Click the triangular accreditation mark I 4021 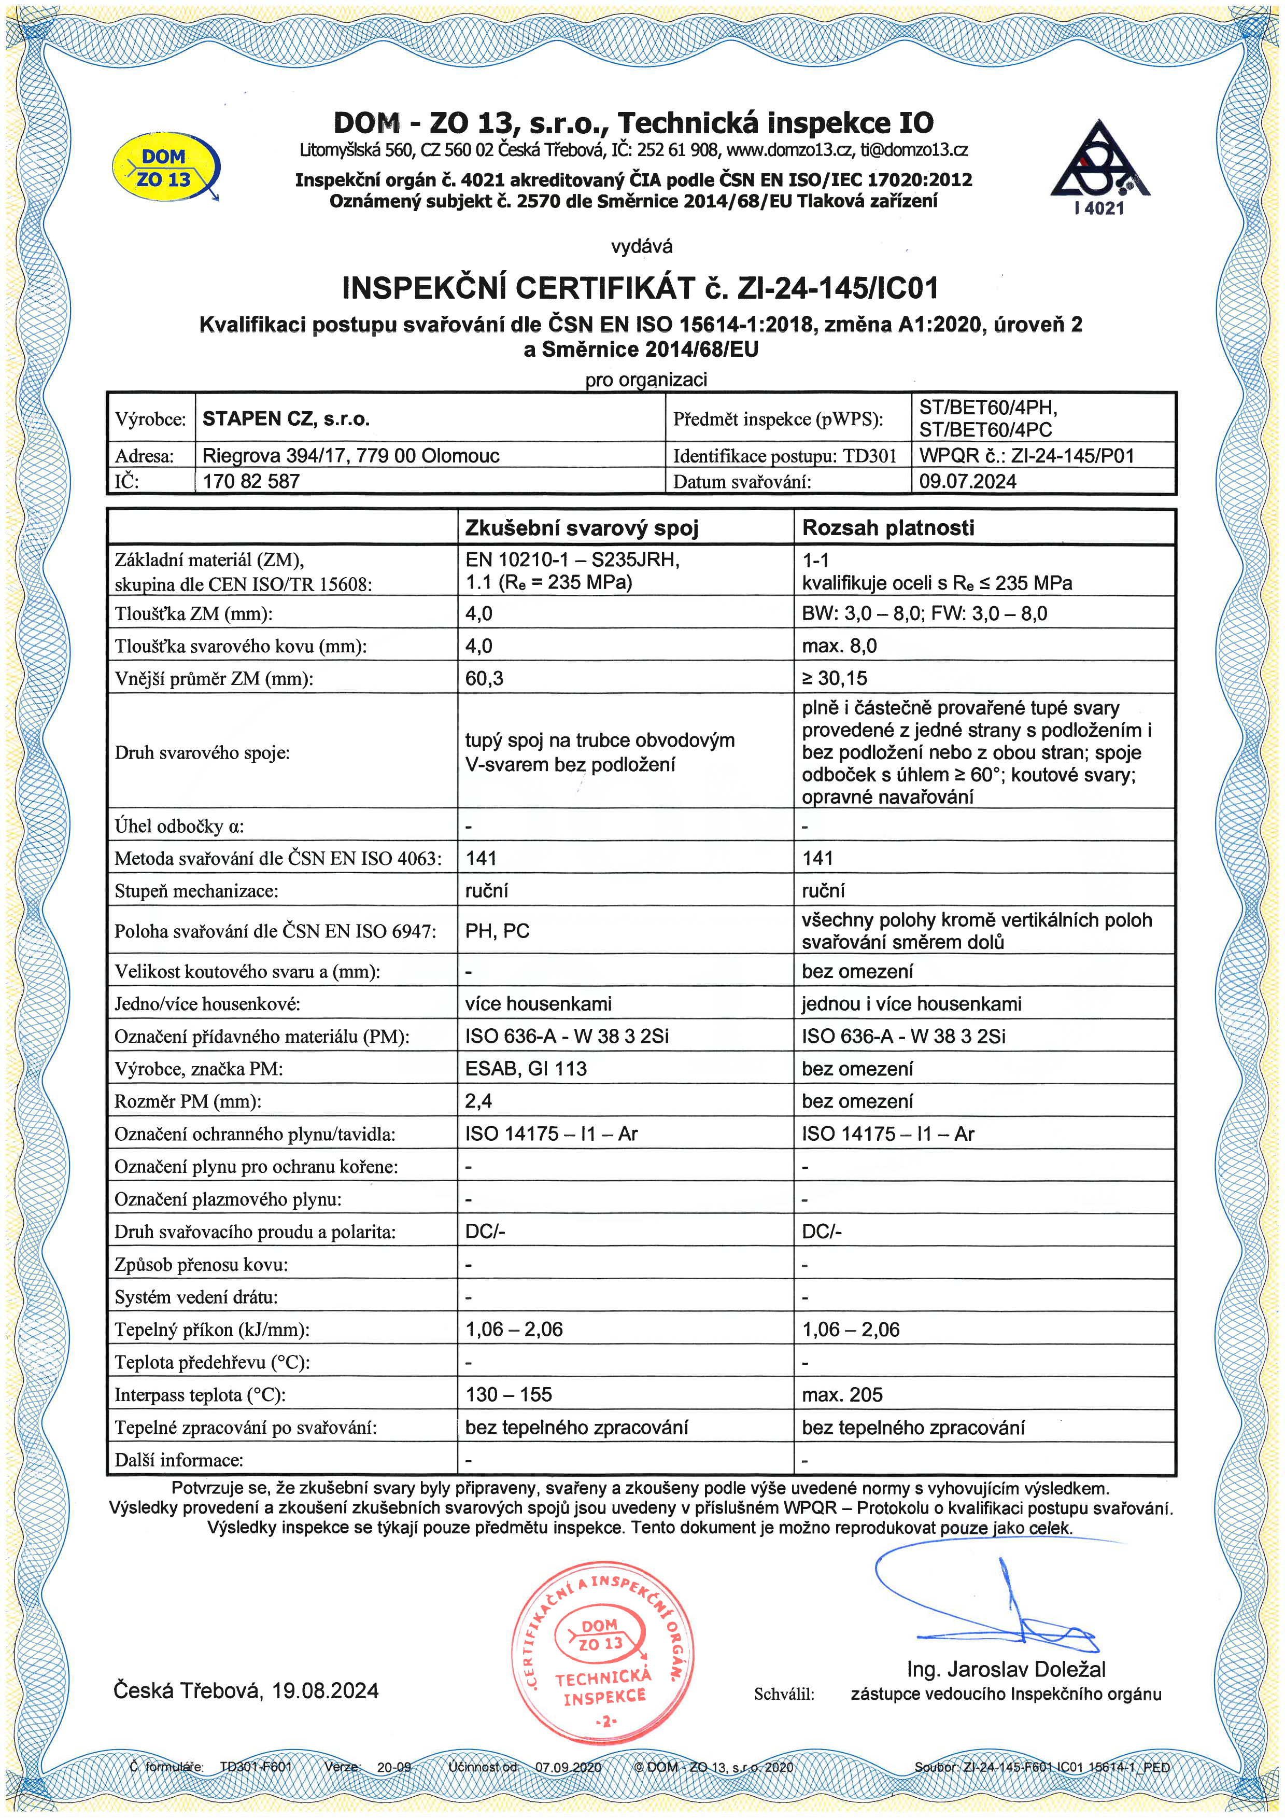point(1100,168)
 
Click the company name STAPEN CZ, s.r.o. point(286,419)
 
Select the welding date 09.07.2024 point(968,481)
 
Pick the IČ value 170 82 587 point(251,481)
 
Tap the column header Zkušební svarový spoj point(581,528)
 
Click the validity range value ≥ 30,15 point(835,679)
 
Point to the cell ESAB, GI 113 point(526,1069)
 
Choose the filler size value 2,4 point(478,1101)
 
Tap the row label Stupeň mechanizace point(196,891)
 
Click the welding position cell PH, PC point(497,931)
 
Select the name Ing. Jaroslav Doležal point(1006,1669)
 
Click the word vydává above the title point(641,246)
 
